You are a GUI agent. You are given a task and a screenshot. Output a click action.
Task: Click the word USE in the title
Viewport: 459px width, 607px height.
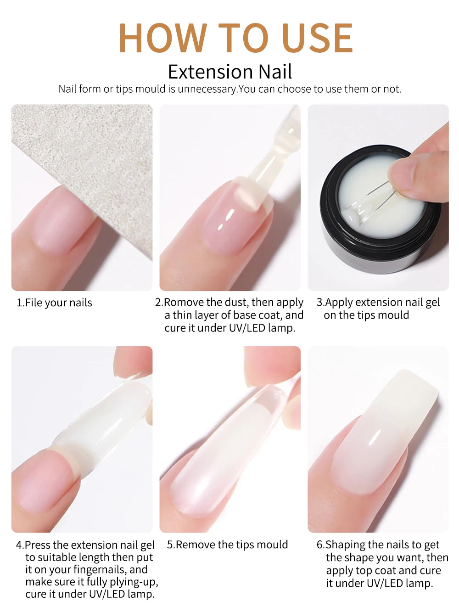317,38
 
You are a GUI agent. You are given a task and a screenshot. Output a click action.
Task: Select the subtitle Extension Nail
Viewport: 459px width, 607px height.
229,72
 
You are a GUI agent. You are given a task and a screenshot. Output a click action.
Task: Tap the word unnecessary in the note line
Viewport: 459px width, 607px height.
207,89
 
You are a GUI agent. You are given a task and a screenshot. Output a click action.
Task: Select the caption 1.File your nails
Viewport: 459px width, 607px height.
54,303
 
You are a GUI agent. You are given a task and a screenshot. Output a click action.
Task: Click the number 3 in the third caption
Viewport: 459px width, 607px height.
319,302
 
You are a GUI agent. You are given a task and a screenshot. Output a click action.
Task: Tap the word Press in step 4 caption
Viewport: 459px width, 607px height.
37,545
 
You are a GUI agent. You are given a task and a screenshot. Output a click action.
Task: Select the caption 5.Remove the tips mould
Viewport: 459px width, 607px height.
227,545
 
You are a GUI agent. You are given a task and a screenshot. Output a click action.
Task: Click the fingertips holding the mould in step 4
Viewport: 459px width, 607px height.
133,360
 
